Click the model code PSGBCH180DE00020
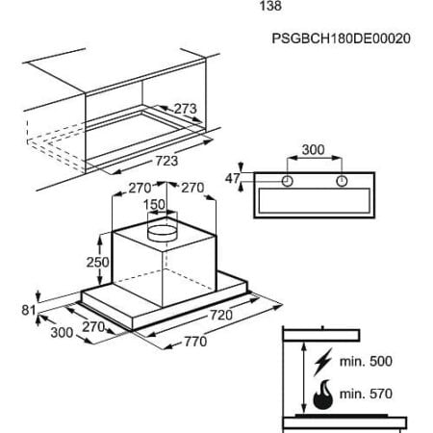click(x=341, y=38)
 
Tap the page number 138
click(x=270, y=6)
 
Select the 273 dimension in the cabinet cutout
click(x=185, y=109)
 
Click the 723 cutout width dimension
click(x=166, y=161)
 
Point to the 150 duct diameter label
click(x=154, y=204)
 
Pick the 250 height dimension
click(x=97, y=262)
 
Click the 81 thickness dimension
click(x=29, y=310)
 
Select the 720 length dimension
click(x=221, y=315)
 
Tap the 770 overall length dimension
click(x=195, y=342)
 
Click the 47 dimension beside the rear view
click(x=233, y=178)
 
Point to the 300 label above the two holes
click(x=314, y=149)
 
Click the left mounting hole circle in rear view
click(x=288, y=181)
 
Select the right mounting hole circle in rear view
click(x=342, y=181)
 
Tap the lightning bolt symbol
click(x=322, y=362)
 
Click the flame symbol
click(x=323, y=395)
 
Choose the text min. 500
click(x=366, y=362)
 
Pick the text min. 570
click(x=366, y=394)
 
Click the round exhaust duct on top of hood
click(x=162, y=232)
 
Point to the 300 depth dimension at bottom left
click(x=62, y=332)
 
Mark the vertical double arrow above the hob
click(x=303, y=378)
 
